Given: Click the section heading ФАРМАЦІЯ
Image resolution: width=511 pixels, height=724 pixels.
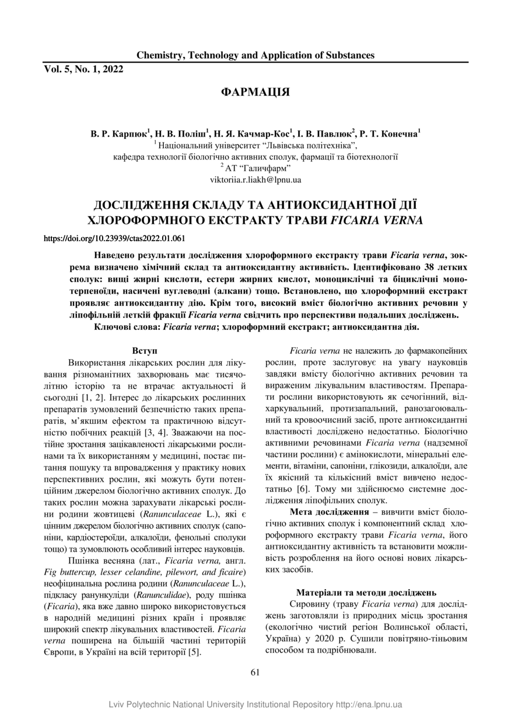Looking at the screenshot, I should [x=256, y=92].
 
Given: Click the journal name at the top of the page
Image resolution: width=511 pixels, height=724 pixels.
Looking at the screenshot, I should [x=256, y=55].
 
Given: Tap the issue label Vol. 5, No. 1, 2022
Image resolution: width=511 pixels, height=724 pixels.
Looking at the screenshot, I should [x=84, y=69].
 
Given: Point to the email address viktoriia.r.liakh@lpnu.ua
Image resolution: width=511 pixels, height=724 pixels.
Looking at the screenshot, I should [x=256, y=180].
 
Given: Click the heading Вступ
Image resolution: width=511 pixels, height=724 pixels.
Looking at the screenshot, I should [x=145, y=351].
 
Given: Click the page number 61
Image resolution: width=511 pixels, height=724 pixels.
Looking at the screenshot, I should [x=255, y=672].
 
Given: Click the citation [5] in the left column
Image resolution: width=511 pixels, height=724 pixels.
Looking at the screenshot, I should [x=194, y=652].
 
